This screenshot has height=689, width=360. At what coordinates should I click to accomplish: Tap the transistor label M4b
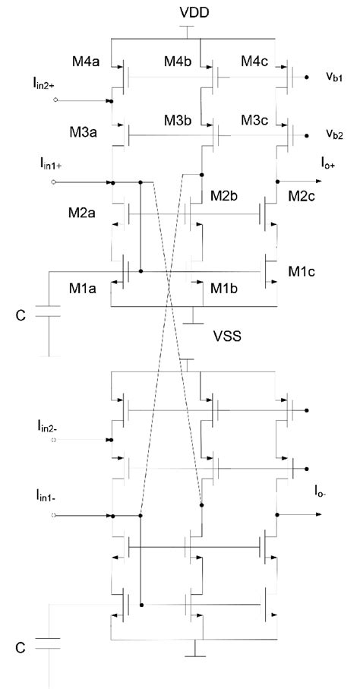click(x=179, y=62)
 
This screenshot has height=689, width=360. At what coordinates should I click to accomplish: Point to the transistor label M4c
click(x=256, y=62)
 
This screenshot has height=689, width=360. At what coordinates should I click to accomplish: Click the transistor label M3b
click(x=179, y=122)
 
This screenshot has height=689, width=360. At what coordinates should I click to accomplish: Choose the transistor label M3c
click(x=256, y=122)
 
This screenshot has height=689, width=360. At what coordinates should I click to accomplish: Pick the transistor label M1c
click(x=302, y=270)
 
